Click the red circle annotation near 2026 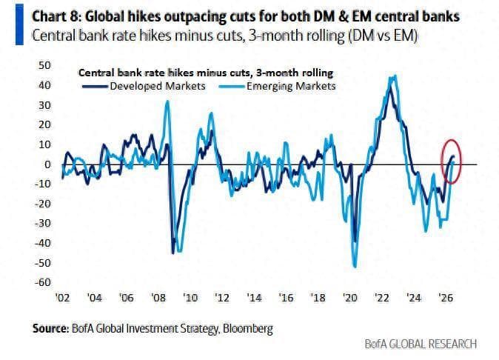click(x=441, y=161)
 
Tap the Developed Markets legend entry click(x=144, y=86)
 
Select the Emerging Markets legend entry click(x=278, y=86)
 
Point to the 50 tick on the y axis click(x=45, y=65)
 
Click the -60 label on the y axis click(x=43, y=282)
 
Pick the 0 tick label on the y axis click(x=47, y=164)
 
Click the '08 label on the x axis click(x=158, y=298)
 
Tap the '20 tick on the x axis click(x=349, y=298)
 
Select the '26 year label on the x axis click(x=446, y=298)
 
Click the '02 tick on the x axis click(x=62, y=298)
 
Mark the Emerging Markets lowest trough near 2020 click(x=355, y=267)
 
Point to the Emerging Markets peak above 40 click(x=395, y=76)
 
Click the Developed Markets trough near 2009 click(x=173, y=253)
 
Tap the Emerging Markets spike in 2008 click(x=167, y=101)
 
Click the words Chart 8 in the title click(x=55, y=16)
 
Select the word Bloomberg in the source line click(x=248, y=328)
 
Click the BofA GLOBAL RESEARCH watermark click(x=421, y=344)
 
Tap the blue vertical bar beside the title click(x=19, y=24)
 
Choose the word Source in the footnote click(x=50, y=328)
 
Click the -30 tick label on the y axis click(x=43, y=223)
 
